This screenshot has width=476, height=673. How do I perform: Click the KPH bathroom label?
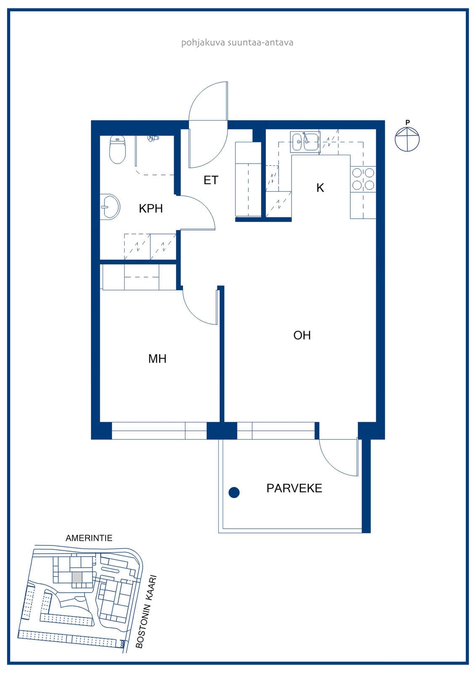tap(151, 208)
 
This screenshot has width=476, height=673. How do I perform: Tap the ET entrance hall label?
tap(211, 180)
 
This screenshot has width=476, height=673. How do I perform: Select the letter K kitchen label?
tap(320, 188)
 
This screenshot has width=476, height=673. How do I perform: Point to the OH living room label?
tap(302, 335)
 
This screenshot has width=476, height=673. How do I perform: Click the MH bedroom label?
tap(157, 359)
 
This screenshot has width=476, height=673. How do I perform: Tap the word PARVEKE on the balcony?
tap(294, 488)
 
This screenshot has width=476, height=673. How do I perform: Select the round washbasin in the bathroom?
tap(110, 207)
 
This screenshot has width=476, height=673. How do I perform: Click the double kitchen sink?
tap(304, 142)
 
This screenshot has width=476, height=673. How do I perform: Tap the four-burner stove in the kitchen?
tap(363, 179)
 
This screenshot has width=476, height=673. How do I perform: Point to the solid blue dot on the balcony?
tap(234, 493)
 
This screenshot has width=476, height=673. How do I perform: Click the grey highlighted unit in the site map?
tap(77, 577)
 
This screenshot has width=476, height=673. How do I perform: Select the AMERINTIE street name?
tap(89, 538)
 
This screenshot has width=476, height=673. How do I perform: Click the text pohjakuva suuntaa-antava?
tap(237, 42)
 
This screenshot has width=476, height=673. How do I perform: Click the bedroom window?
tap(160, 431)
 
